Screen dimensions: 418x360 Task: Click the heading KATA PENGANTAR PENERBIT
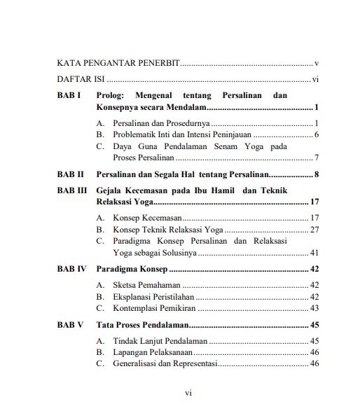[118, 64]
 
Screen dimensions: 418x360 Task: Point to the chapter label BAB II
[71, 174]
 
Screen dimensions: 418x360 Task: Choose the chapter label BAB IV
[72, 269]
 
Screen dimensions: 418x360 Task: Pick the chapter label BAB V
[71, 325]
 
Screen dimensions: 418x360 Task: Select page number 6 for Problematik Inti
[317, 134]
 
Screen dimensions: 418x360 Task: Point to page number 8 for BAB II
[317, 174]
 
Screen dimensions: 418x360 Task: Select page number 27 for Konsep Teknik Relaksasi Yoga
[314, 230]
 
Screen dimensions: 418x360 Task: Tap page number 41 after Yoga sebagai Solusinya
[314, 252]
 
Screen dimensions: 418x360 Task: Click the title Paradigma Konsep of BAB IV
[132, 269]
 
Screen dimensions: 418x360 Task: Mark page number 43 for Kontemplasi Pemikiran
[314, 307]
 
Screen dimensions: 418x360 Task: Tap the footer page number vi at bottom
[188, 393]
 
